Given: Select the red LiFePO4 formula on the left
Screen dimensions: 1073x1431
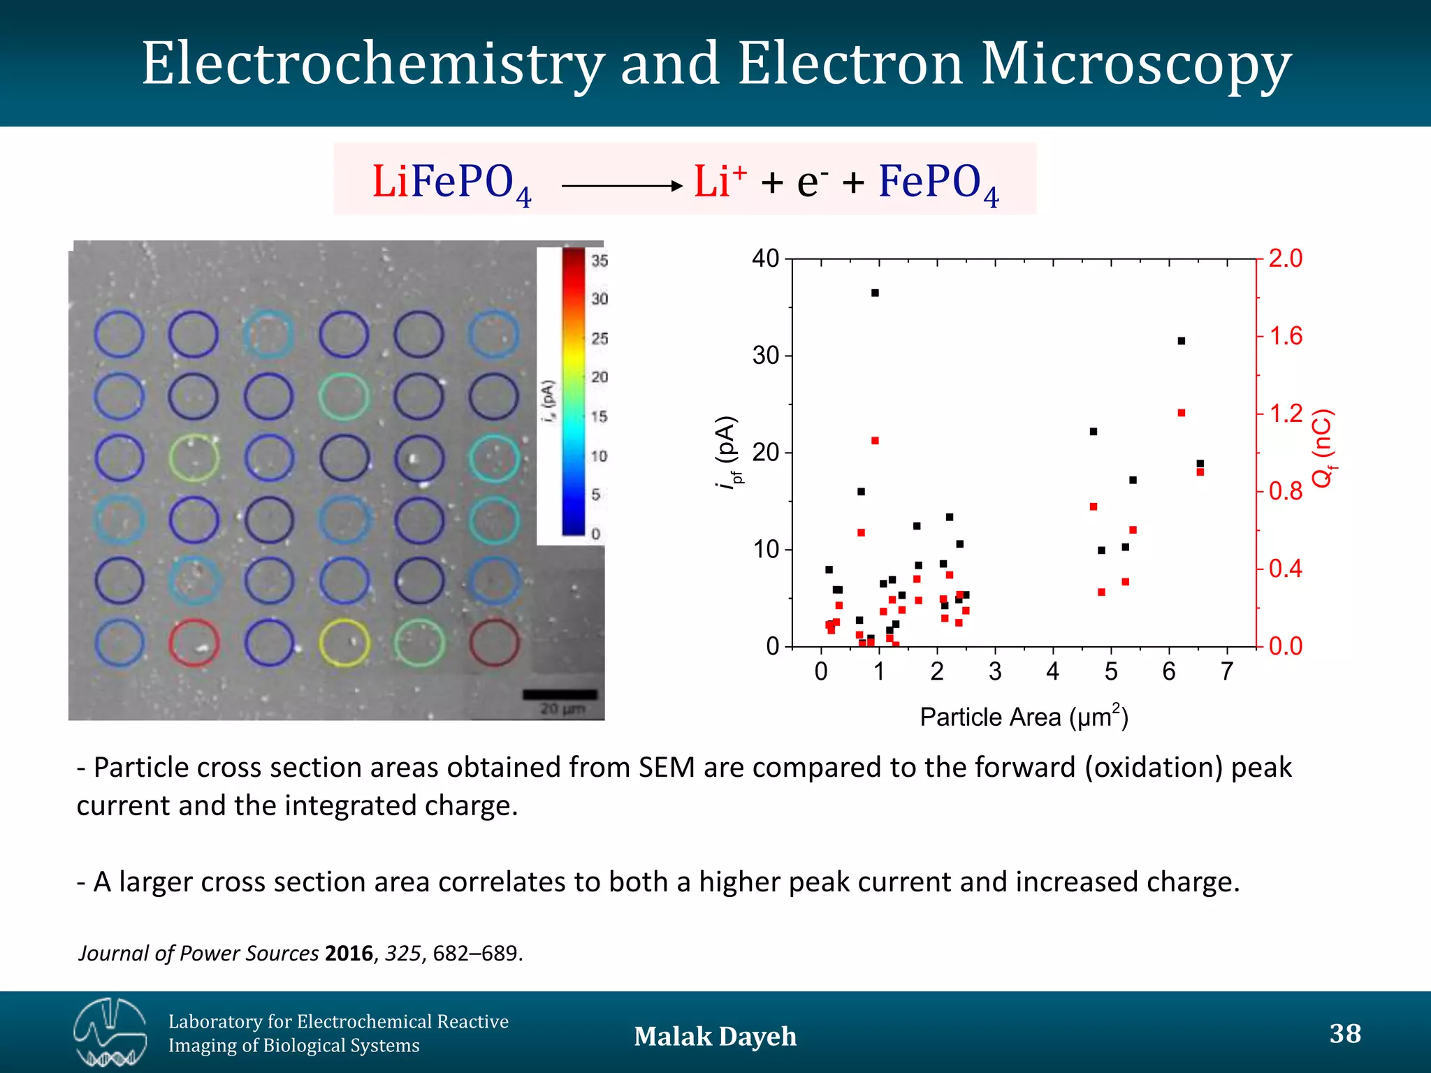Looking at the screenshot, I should pos(451,183).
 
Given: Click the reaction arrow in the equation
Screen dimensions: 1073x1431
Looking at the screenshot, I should pos(621,186).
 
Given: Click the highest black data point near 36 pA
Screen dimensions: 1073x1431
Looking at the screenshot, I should pos(875,293).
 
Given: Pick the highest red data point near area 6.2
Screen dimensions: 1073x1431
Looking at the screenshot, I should pos(1182,413).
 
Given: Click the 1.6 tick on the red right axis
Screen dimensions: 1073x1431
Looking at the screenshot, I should pos(1285,336).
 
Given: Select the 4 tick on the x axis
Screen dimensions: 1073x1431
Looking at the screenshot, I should pos(1053,671).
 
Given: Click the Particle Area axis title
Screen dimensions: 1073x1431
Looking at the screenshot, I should pos(1024,717).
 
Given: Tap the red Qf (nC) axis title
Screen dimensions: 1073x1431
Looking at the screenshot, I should pos(1323,448).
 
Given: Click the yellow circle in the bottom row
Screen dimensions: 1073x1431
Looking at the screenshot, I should pos(344,642).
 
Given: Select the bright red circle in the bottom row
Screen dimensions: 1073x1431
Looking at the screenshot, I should pos(194,642).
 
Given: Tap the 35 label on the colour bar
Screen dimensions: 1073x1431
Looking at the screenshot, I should pos(600,261).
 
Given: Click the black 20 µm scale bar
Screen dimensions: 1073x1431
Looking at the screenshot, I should pos(560,694).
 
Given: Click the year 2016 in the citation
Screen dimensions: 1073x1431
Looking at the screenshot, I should pos(349,953).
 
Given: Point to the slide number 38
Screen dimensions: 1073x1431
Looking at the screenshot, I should pos(1344,1033).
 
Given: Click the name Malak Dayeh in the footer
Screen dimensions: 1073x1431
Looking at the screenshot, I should pos(715,1036).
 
